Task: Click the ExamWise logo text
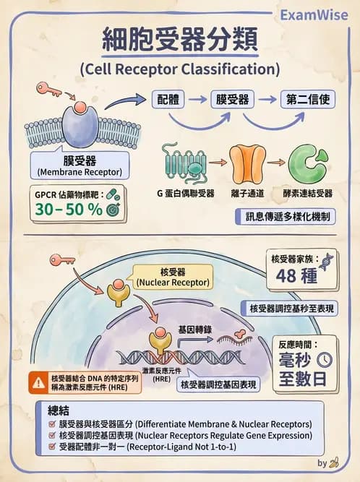tap(314, 14)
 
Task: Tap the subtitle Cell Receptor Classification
tap(179, 70)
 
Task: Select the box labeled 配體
tap(171, 99)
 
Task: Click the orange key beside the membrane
tap(49, 90)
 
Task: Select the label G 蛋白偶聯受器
tap(185, 194)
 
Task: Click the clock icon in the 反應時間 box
tap(325, 359)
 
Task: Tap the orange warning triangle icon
tap(37, 382)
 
